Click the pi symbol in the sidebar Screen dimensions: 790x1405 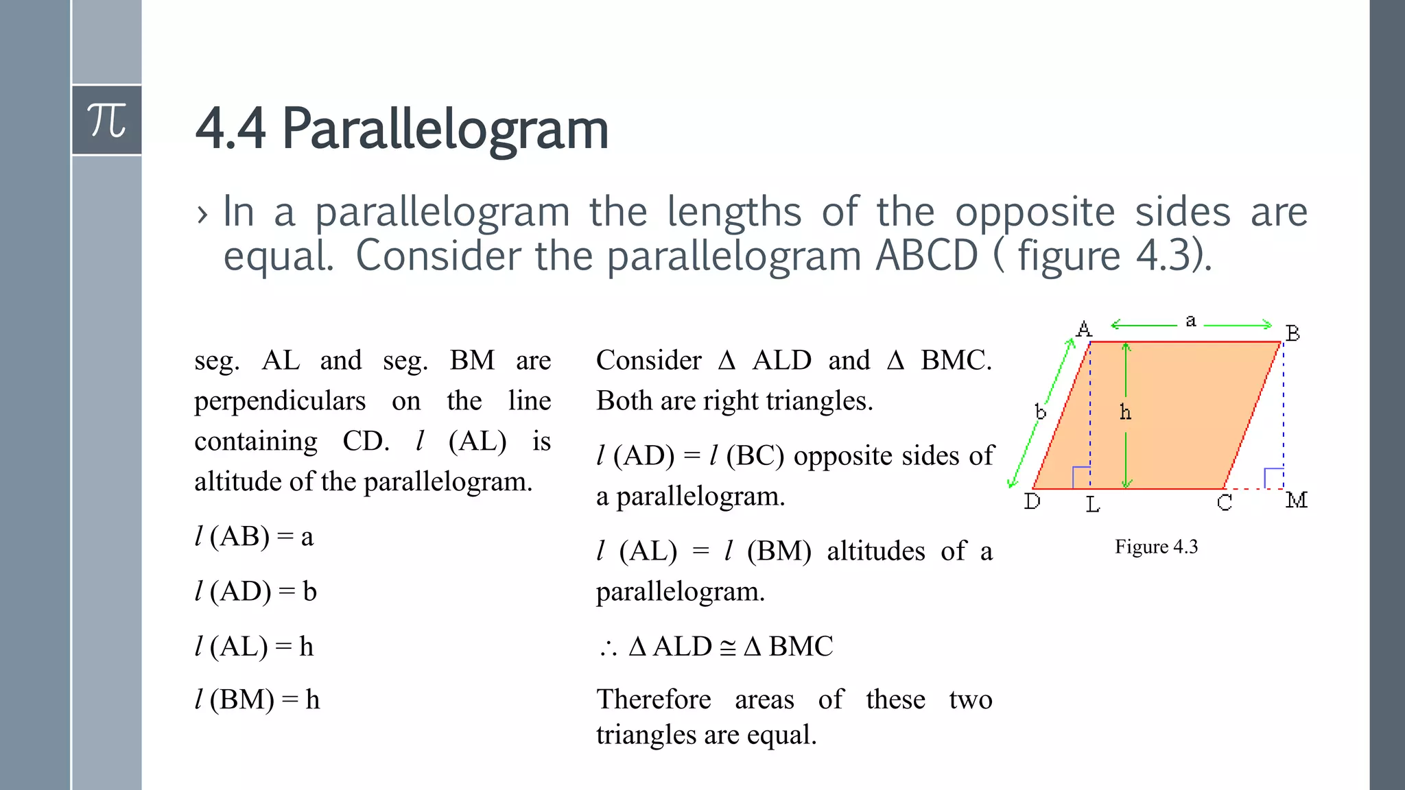pos(107,121)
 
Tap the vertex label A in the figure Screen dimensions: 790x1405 pos(1084,329)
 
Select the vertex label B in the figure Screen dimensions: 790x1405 pos(1292,334)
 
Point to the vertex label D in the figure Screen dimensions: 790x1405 pos(1032,502)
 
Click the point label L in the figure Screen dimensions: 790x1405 pos(1093,505)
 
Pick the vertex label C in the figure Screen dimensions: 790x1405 pos(1225,503)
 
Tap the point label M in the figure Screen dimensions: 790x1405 pos(1296,501)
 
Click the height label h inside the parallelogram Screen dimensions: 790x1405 pos(1125,412)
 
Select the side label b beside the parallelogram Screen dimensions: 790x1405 pos(1041,411)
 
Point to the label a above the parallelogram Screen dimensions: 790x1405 pos(1191,320)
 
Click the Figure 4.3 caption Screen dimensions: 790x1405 pos(1156,547)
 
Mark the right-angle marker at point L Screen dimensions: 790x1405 pos(1081,477)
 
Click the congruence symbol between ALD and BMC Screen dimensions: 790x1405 pos(728,647)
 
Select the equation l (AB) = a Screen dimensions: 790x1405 pos(254,536)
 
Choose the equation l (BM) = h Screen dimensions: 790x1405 pos(257,699)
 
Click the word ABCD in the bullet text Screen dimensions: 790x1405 pos(927,256)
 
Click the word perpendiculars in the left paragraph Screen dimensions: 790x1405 pos(280,401)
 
